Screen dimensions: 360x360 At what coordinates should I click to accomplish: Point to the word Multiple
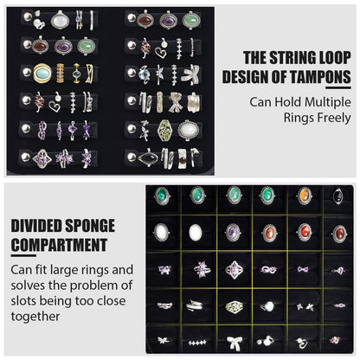point(328,102)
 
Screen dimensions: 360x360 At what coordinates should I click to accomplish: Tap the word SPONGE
point(90,226)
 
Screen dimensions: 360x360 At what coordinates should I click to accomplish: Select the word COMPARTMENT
point(59,245)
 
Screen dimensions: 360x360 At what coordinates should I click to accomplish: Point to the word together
point(35,317)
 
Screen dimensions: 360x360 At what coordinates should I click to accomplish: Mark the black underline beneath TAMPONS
point(338,87)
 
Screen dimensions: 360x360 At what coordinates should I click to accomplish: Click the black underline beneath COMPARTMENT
point(23,255)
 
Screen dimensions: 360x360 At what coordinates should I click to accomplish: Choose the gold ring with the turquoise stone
point(42,73)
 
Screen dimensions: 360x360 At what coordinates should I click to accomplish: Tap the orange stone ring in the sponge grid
point(305,196)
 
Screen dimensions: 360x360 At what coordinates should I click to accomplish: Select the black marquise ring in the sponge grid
point(338,196)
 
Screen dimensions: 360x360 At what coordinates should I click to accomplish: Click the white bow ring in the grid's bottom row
point(234,343)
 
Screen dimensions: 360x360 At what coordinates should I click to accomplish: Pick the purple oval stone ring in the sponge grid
point(233,233)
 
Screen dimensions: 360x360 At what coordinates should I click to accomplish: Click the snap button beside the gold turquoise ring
point(27,72)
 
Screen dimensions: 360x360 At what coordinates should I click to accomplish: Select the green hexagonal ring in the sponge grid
point(234,306)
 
